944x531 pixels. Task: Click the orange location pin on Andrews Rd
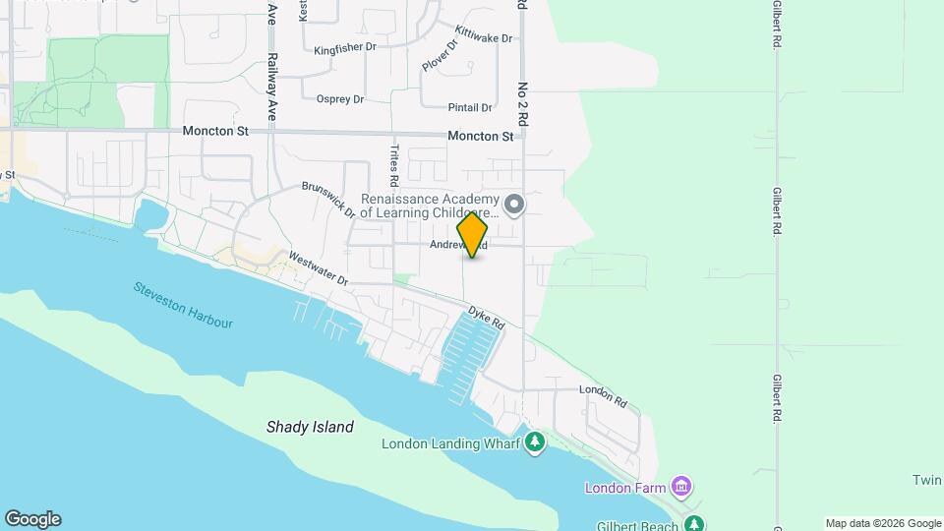pos(473,234)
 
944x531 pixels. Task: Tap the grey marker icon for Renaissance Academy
pos(513,205)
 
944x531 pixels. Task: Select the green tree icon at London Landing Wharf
pos(534,442)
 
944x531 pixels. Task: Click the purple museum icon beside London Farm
pos(681,487)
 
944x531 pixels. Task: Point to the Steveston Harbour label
pos(184,305)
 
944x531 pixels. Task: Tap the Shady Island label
pos(310,428)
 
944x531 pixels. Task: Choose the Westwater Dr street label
pos(318,268)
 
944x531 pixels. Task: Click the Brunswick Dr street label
pos(327,200)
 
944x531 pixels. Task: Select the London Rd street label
pos(603,395)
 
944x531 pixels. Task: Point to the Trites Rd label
pos(393,166)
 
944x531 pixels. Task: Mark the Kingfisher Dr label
pos(345,48)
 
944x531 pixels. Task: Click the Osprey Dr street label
pos(340,99)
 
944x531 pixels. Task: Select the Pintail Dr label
pos(469,108)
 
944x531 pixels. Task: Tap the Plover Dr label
pos(439,54)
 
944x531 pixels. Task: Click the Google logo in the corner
pos(32,519)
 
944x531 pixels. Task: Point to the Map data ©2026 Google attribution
pos(882,523)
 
